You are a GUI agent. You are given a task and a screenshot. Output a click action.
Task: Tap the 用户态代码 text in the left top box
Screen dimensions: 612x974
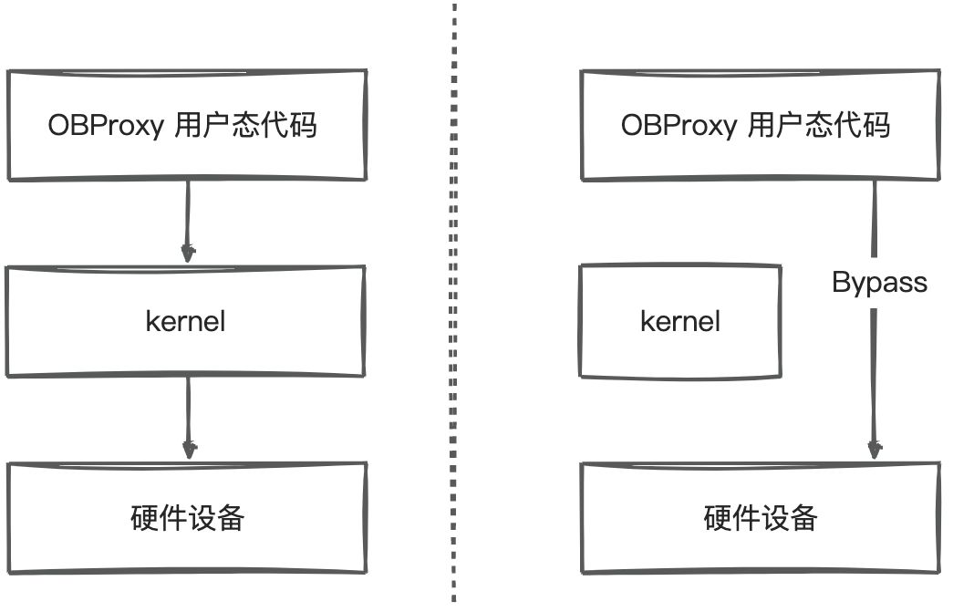[245, 124]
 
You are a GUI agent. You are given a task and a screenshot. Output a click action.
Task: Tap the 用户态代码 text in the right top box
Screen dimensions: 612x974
[818, 124]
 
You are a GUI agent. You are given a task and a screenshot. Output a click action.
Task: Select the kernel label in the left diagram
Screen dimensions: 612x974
[185, 321]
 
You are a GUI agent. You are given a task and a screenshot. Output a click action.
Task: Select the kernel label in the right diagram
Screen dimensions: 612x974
[680, 321]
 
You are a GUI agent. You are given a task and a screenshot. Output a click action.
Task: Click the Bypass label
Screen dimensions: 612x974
[879, 282]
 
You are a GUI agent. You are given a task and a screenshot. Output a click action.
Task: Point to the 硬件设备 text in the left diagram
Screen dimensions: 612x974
[187, 518]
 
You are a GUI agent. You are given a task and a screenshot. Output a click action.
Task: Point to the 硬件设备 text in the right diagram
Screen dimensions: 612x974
[761, 518]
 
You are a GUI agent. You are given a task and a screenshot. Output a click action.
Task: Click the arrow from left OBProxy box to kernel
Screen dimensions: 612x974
[188, 219]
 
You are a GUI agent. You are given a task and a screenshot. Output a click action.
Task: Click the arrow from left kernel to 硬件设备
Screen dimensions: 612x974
[188, 415]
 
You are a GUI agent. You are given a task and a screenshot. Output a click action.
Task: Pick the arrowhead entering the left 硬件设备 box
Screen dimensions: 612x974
[189, 450]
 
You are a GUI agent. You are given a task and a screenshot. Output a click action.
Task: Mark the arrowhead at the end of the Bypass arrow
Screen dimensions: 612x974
[875, 450]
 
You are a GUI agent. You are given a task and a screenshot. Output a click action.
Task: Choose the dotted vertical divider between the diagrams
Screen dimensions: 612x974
[454, 301]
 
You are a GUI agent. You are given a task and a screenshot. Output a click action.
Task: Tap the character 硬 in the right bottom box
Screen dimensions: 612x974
[718, 518]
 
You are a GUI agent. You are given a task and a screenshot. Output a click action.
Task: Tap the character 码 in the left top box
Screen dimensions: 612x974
[303, 124]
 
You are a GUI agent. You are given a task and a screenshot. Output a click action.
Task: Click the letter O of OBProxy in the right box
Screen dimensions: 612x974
[630, 125]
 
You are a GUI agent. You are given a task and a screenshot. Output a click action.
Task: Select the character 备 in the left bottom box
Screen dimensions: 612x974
[231, 518]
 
